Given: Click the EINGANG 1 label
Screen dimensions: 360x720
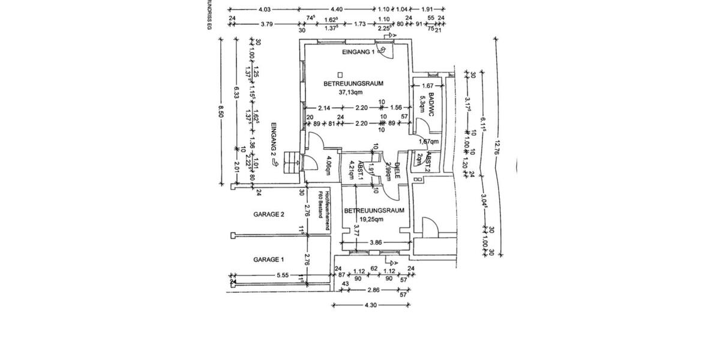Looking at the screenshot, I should pos(358,53).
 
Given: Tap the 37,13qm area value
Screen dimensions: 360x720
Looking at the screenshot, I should pos(351,92).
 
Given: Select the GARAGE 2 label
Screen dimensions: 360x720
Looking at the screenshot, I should pos(268,214).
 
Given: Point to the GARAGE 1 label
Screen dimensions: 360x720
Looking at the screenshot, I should pos(268,260).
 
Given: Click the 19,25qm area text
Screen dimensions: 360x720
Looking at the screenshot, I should pos(370,219).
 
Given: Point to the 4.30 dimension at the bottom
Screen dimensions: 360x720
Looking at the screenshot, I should pos(371,305).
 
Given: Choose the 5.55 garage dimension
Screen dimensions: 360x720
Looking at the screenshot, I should pos(283,275).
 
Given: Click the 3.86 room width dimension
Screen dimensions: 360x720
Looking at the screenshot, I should pos(375,242).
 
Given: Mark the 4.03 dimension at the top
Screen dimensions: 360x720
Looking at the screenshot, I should pos(265,10).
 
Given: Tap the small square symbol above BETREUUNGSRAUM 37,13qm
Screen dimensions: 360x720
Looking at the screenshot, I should pos(339,75).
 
